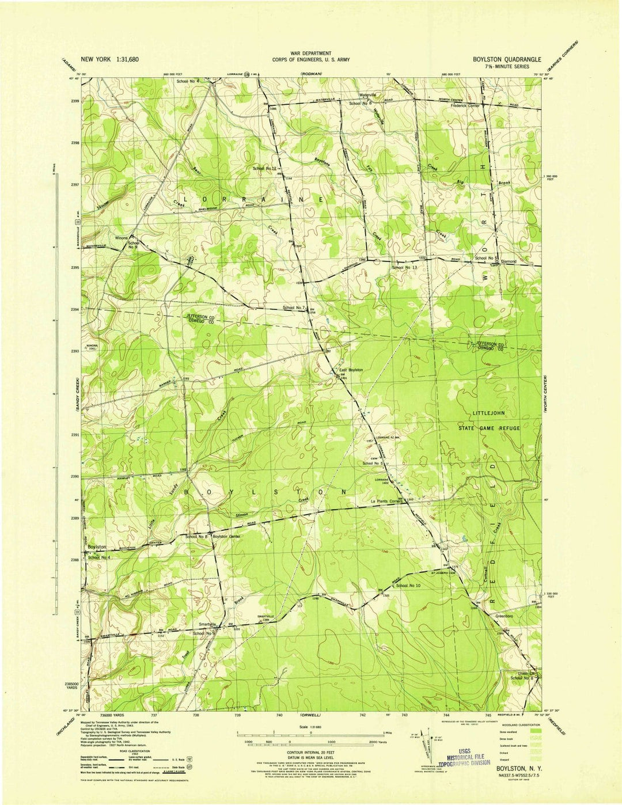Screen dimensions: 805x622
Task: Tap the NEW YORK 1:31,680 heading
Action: pos(109,59)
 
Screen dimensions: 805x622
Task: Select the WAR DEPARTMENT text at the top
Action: pos(310,53)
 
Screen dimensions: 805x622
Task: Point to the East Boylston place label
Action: pos(350,370)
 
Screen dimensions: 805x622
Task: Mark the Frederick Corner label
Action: pos(465,106)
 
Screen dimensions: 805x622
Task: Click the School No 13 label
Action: pos(404,268)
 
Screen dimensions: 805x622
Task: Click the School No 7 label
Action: pos(295,308)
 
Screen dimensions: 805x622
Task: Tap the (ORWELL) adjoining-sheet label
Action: pos(310,715)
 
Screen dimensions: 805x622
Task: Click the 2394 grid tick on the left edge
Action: pos(75,310)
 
